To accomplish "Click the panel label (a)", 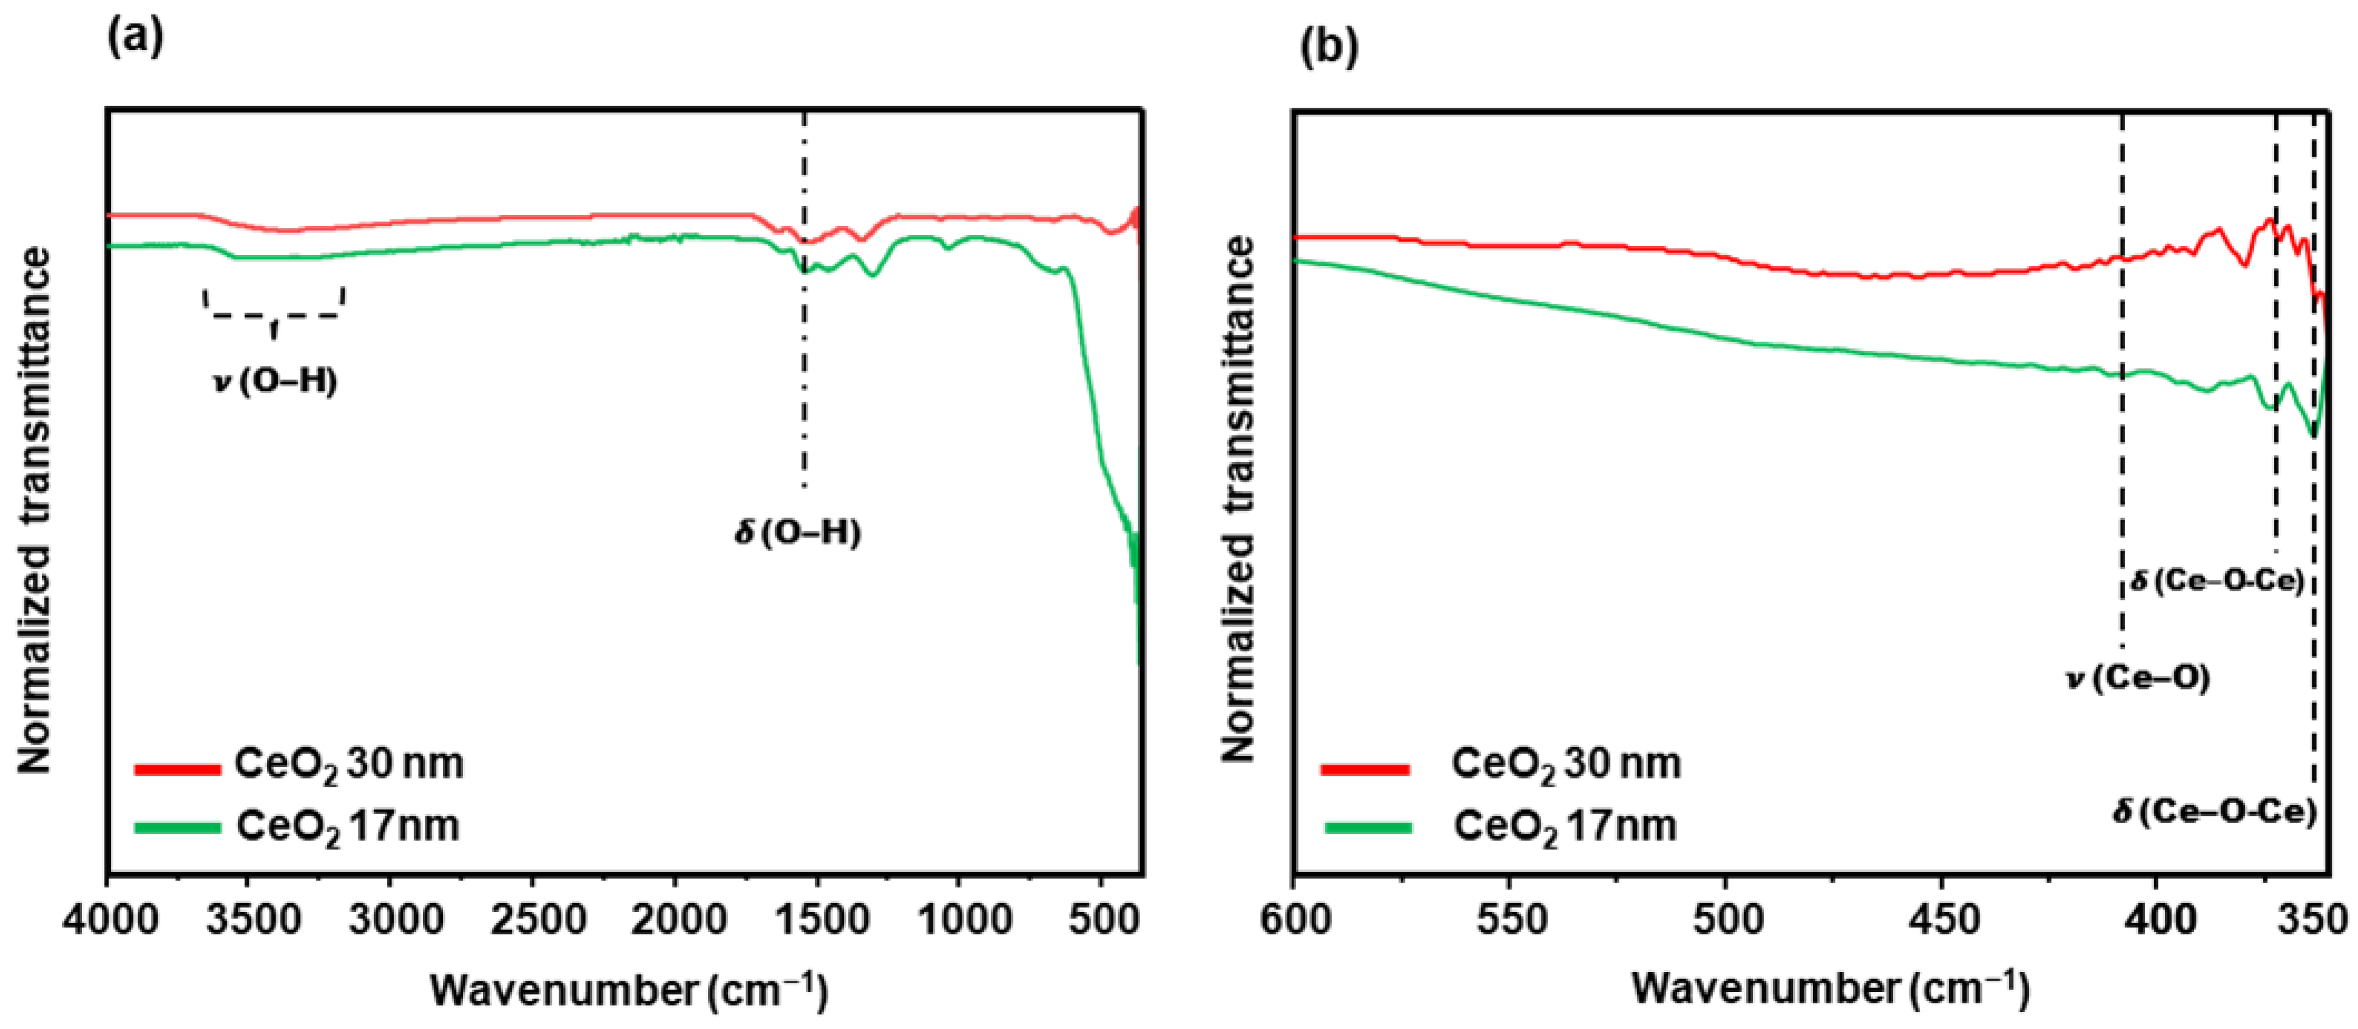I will [x=135, y=38].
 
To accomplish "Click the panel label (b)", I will [x=1329, y=47].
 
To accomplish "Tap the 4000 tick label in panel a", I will [x=107, y=920].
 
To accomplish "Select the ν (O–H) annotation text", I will [x=276, y=381].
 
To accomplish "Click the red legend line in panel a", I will [x=177, y=769].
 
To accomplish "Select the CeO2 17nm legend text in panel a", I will [x=348, y=827].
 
